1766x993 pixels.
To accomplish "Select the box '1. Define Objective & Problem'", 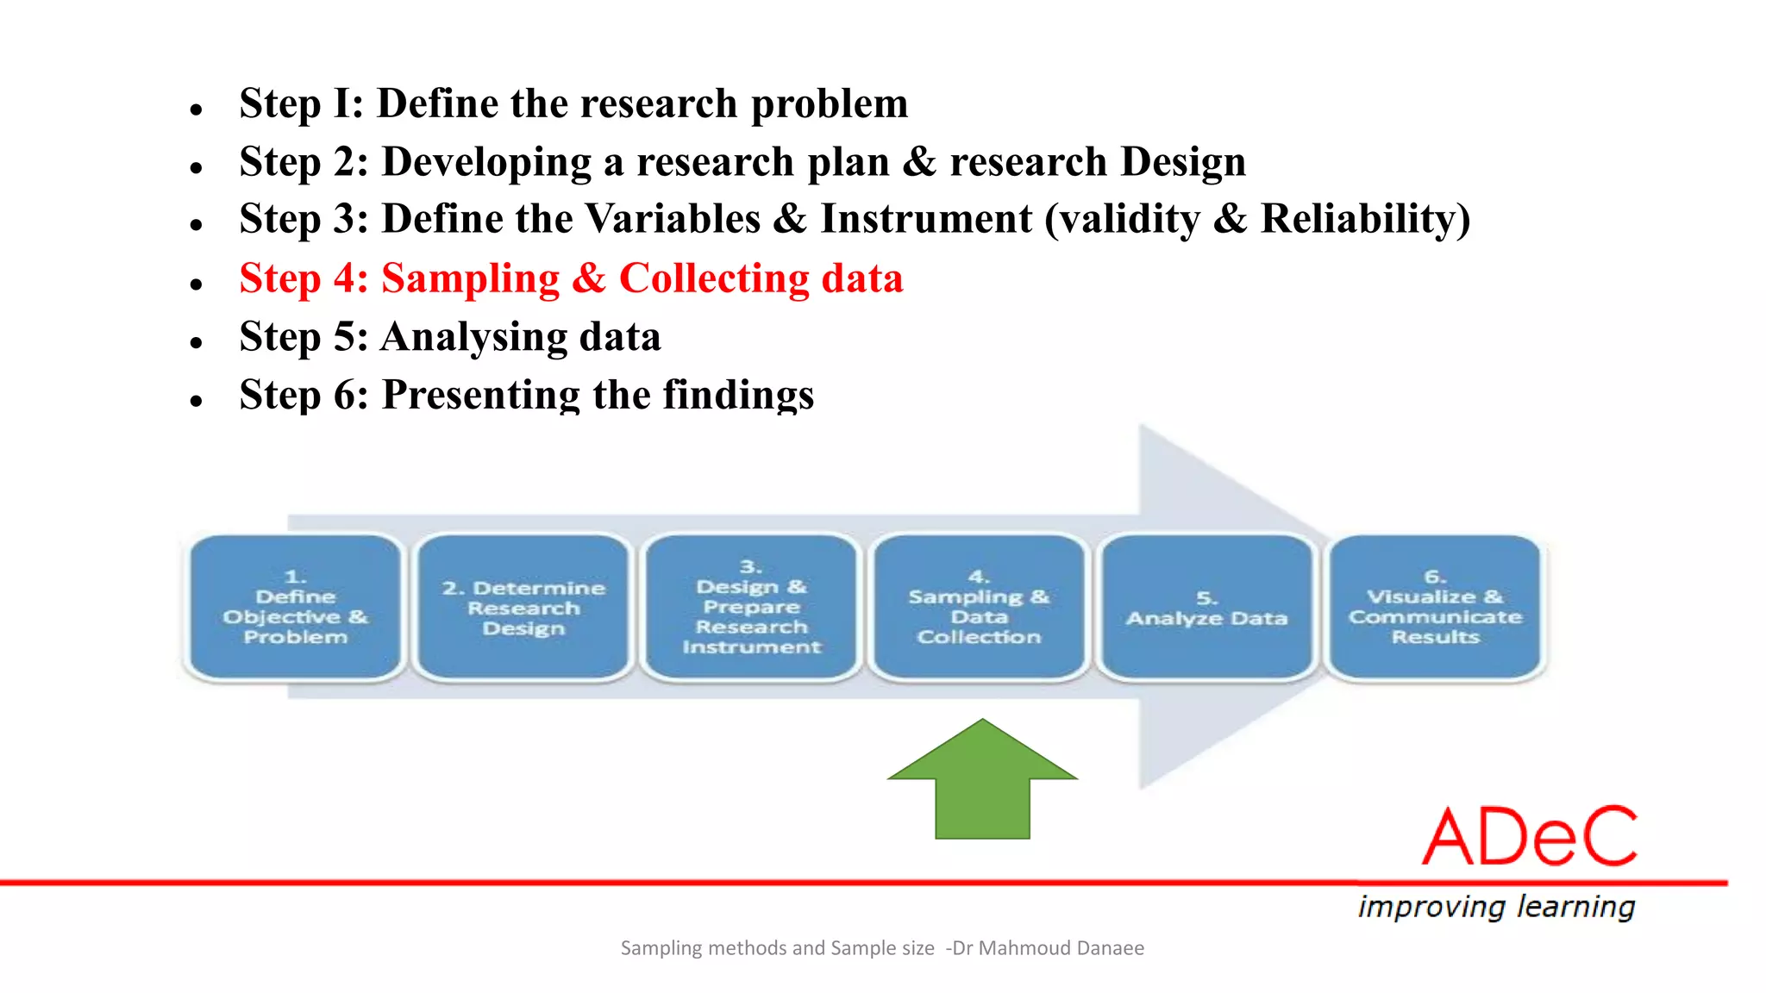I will (x=296, y=607).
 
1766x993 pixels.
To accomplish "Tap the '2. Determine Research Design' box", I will (x=523, y=607).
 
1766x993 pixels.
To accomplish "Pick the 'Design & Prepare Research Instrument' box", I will (x=751, y=607).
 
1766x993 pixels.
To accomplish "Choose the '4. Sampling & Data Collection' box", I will (x=979, y=607).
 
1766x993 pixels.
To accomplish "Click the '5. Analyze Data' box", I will (x=1206, y=607).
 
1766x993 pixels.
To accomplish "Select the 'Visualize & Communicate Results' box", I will (x=1435, y=607).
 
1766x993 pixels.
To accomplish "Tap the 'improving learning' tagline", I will (x=1496, y=907).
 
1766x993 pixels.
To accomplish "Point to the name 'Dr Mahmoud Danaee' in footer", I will (x=1048, y=948).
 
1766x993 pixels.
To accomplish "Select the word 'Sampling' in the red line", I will (x=471, y=279).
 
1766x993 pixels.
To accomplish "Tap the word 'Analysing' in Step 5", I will (x=474, y=337).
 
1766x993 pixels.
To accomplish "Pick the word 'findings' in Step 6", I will (x=737, y=395).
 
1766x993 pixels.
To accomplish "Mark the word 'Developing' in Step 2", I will (x=486, y=162).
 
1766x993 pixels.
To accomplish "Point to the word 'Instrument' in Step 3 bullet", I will (x=926, y=219).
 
